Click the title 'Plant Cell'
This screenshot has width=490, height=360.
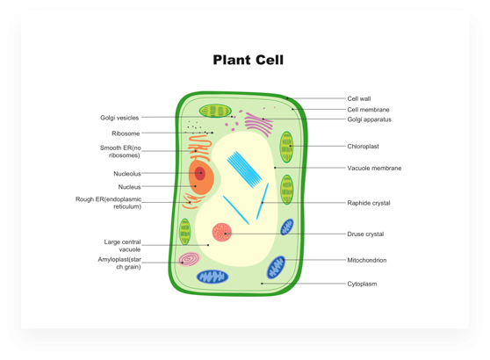point(249,60)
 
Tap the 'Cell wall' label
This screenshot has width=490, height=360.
point(359,98)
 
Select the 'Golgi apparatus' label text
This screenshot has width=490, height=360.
point(369,119)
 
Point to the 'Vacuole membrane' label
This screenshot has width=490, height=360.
point(374,168)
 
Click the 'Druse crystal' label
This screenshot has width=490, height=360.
point(365,234)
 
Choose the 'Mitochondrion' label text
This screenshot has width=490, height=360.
point(366,260)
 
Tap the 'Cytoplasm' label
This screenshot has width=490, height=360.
point(362,284)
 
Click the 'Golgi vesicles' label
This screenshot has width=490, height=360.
point(119,118)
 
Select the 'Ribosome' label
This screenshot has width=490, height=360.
point(126,133)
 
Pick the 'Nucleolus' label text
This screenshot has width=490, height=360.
point(127,174)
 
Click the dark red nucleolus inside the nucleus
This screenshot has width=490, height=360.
point(200,174)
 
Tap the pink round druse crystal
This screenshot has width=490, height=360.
point(222,232)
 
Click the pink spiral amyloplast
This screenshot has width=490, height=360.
point(189,259)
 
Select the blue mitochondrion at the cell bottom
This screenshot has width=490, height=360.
point(213,277)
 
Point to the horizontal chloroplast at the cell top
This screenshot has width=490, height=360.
point(215,111)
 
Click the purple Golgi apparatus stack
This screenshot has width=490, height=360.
point(259,124)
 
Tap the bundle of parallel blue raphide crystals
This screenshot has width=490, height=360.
point(244,169)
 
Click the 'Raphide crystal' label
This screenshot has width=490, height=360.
point(369,203)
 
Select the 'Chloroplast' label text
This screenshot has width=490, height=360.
point(363,147)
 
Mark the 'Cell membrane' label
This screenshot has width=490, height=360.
point(368,110)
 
